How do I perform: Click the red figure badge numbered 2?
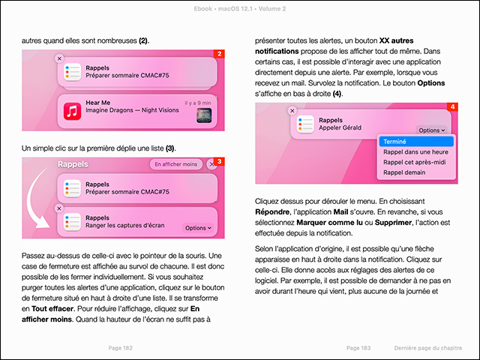tap(219, 54)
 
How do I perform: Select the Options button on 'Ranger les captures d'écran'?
tap(198, 227)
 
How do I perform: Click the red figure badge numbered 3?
tap(219, 161)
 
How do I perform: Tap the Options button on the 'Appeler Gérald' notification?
tap(432, 130)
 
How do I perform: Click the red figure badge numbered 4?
tap(451, 108)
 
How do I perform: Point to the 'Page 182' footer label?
tap(121, 348)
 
